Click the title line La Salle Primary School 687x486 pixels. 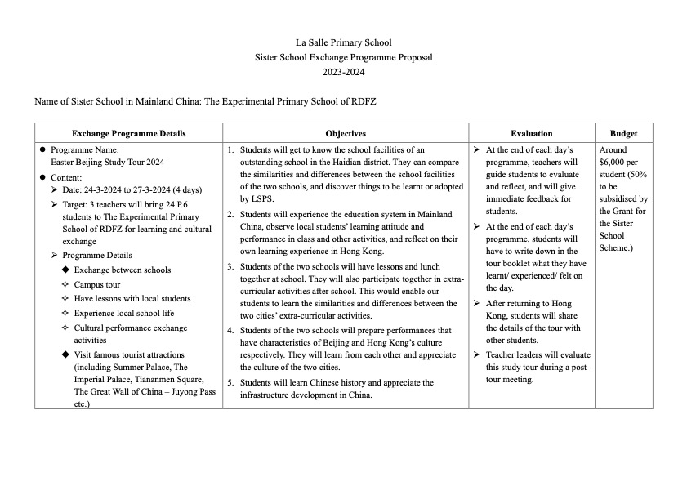(343, 42)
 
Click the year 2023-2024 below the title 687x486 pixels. (343, 72)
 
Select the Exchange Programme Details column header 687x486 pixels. (128, 133)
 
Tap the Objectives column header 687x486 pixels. (346, 133)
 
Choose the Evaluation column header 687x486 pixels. (531, 133)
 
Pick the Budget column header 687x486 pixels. (623, 133)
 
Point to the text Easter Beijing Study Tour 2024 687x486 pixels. (107, 163)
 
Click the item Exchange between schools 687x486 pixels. (123, 270)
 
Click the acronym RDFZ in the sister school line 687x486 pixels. (362, 101)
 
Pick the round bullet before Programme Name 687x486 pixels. (42, 150)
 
